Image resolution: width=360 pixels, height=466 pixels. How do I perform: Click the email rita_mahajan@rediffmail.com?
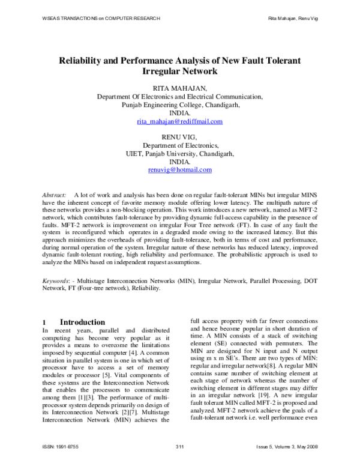pos(179,121)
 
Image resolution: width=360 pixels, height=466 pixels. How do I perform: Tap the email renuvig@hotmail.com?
pos(179,170)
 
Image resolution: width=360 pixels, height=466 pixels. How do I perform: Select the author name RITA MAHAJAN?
pos(179,88)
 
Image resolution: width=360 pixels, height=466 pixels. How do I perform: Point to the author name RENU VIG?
pos(179,136)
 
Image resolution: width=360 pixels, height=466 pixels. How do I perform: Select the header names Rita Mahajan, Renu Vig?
pos(292,19)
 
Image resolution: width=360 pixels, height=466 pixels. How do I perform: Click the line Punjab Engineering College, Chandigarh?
pos(179,104)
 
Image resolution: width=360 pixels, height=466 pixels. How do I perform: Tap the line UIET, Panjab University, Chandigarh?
pos(179,153)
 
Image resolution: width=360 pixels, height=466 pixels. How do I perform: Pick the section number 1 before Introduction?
pos(44,322)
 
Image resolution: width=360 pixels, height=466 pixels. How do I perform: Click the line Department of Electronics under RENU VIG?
pos(179,145)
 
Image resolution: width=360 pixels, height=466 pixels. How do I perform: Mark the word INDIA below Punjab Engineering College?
pos(179,113)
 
